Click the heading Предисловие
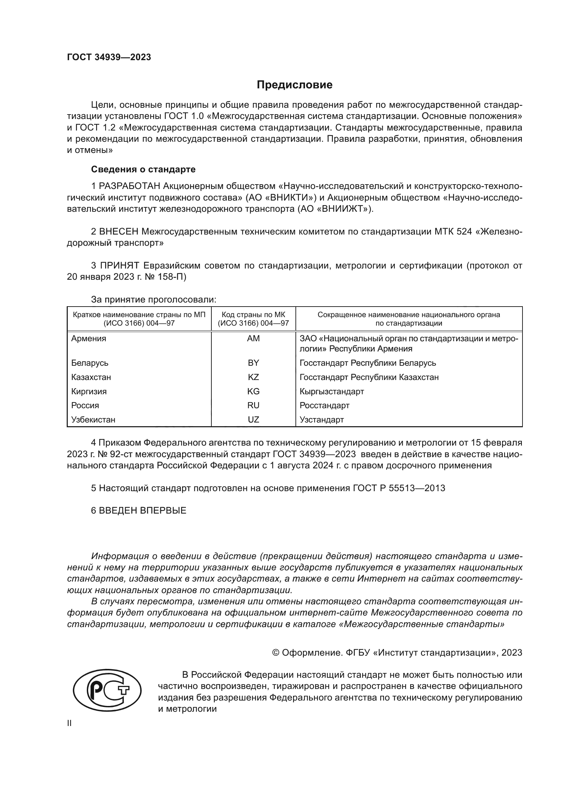point(294,85)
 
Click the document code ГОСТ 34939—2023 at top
point(109,57)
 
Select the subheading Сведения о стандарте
point(143,169)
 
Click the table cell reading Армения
point(89,338)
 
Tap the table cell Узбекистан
point(93,419)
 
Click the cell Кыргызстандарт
point(332,391)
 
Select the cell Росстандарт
point(324,405)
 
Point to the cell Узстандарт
point(321,419)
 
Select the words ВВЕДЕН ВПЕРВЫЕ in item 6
point(143,511)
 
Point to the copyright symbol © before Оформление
point(276,653)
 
